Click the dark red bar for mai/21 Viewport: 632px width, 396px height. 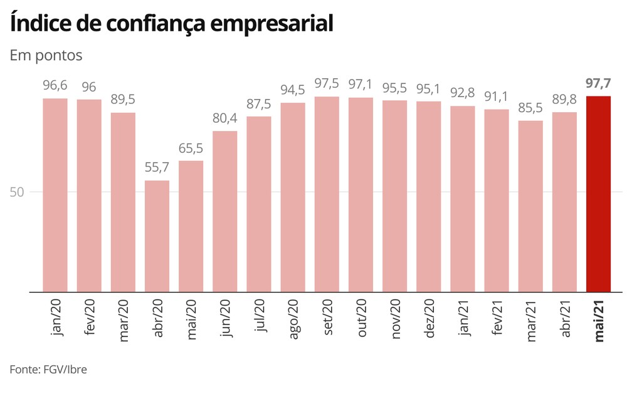(598, 194)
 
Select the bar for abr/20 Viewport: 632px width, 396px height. (157, 236)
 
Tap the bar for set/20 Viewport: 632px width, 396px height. (327, 194)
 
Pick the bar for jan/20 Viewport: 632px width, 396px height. (55, 195)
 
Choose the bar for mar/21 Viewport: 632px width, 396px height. (530, 206)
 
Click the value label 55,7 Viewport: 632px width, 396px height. (157, 169)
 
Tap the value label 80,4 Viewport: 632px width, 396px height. (224, 119)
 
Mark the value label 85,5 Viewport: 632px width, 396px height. (530, 108)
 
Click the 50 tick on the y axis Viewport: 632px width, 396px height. (16, 192)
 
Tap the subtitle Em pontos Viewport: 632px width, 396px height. (46, 55)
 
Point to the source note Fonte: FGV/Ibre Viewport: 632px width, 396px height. (48, 369)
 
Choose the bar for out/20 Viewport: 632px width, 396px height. (361, 195)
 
